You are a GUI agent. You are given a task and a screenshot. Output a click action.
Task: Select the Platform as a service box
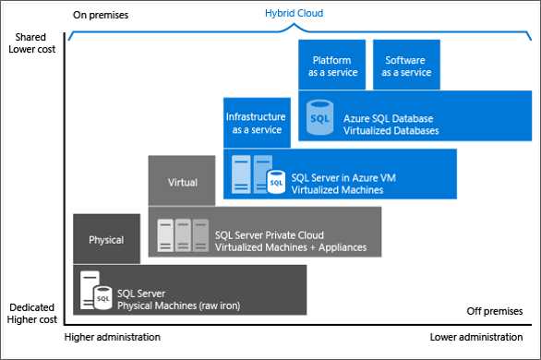point(332,65)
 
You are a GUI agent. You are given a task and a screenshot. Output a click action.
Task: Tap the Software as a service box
point(406,65)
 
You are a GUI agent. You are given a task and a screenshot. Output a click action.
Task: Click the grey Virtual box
point(183,182)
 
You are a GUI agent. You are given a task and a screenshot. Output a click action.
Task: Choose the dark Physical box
point(106,239)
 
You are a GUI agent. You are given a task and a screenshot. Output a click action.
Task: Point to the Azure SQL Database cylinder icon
point(319,117)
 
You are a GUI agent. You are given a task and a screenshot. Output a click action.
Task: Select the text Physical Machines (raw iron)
point(172,297)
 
